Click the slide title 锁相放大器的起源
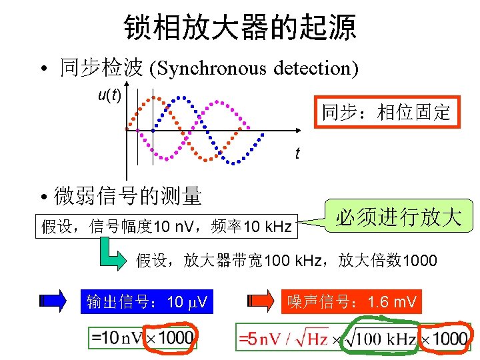pos(240,27)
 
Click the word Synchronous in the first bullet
pos(213,68)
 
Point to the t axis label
pos(297,154)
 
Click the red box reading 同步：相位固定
pos(387,111)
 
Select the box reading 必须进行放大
pos(399,217)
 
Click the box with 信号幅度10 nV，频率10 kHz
pos(167,227)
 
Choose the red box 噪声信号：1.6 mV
pos(352,302)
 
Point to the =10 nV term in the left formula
pos(117,337)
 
